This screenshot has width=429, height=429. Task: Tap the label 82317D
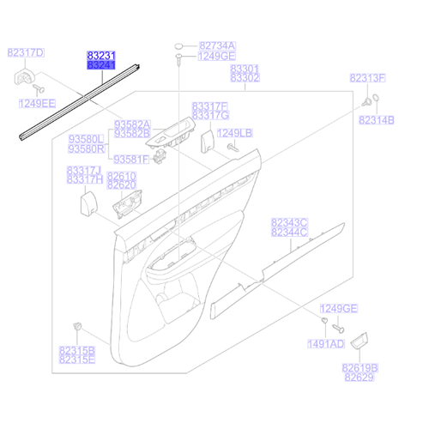coord(27,53)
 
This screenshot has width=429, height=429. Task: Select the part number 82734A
coord(216,45)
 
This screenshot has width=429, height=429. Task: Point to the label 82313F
coord(366,78)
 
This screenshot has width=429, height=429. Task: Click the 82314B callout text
coord(377,119)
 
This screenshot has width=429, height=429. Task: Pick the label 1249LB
coord(234,133)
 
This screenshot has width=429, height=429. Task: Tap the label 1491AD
coord(326,343)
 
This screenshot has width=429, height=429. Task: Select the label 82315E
coord(77,360)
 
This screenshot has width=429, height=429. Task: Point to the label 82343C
coord(289,222)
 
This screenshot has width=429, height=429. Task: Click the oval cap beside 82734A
coord(178,45)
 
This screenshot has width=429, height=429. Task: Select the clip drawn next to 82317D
coord(24,79)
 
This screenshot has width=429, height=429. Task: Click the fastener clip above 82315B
coord(78,326)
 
